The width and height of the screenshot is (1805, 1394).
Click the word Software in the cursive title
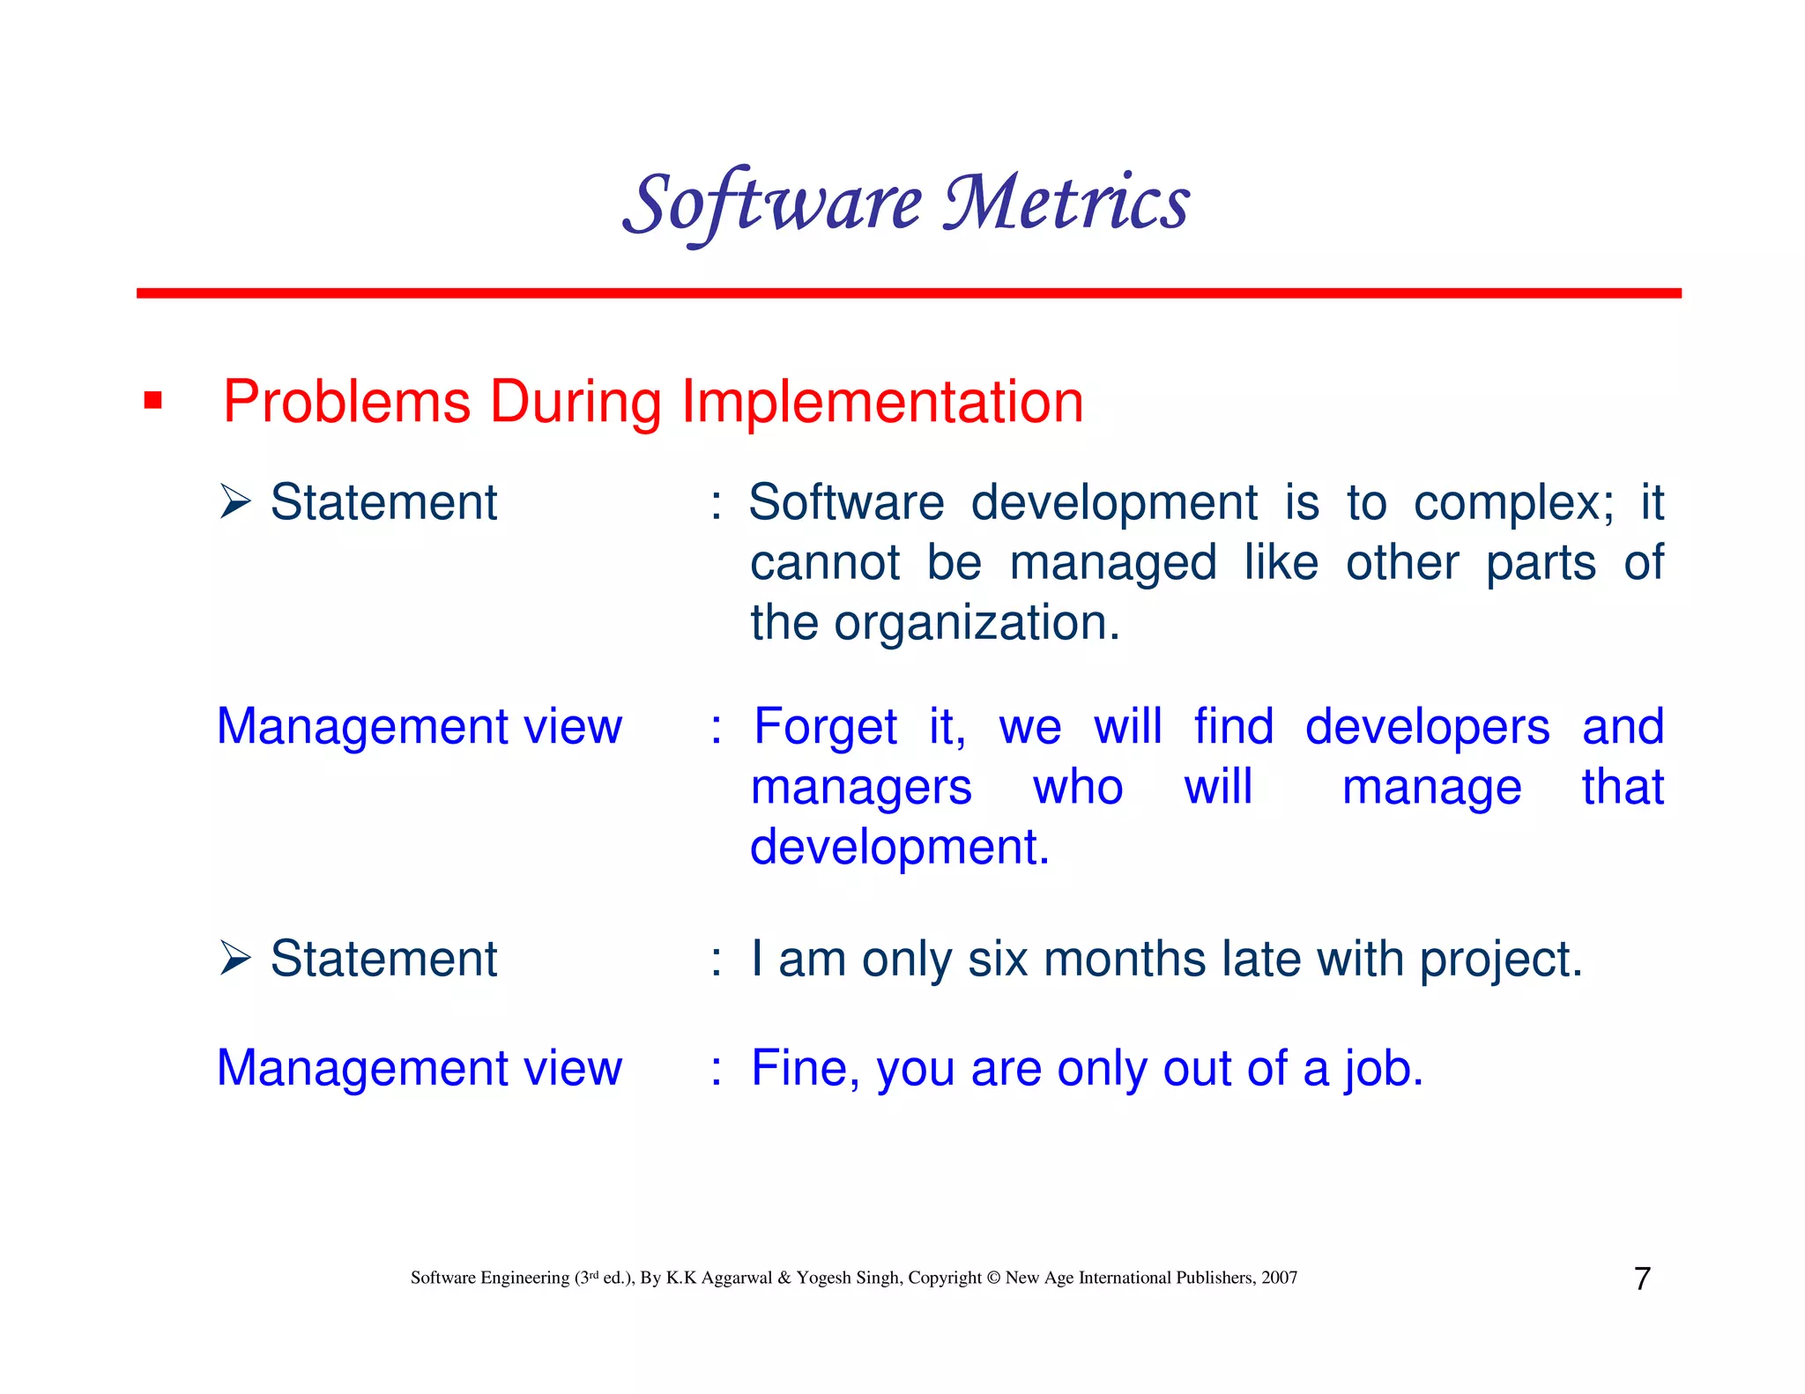(772, 204)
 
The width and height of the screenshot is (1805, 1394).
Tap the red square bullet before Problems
(153, 402)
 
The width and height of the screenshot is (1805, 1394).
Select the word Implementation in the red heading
(882, 402)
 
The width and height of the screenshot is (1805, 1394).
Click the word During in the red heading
(575, 402)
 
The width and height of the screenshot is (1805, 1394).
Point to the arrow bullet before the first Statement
(235, 502)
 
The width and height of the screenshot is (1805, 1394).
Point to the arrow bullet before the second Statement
(235, 959)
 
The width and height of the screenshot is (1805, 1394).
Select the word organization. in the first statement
(977, 623)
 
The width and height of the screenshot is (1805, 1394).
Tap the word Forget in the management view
(825, 728)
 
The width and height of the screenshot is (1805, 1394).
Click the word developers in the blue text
(1427, 728)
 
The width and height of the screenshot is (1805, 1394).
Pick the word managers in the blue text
(861, 787)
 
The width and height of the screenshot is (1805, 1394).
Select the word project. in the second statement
(1500, 960)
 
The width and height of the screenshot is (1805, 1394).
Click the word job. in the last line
(1384, 1069)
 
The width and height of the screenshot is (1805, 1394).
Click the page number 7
(1642, 1279)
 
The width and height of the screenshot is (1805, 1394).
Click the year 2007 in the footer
(1279, 1278)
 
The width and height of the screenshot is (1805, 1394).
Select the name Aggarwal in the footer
(736, 1278)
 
